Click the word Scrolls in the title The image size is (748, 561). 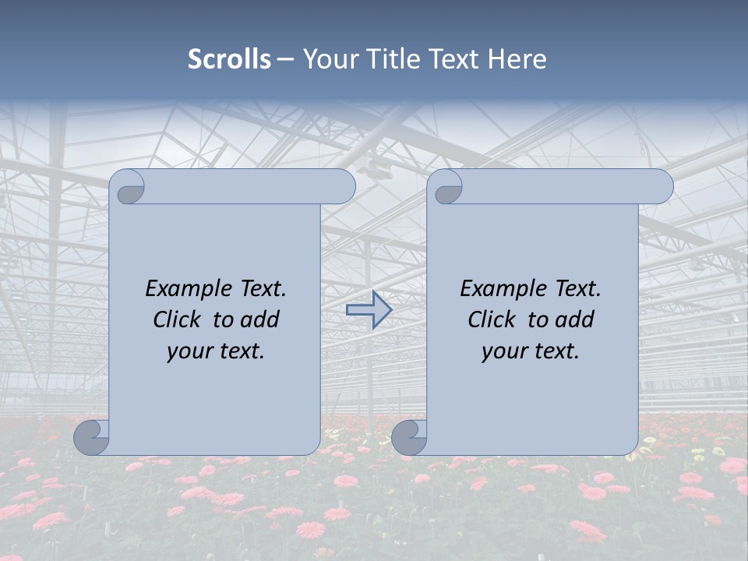click(x=229, y=59)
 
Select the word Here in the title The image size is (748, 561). click(x=517, y=59)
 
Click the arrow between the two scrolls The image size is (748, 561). click(x=369, y=310)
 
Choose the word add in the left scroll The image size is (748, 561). click(x=260, y=319)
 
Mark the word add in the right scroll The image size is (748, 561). click(x=575, y=319)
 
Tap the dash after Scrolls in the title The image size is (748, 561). click(x=286, y=59)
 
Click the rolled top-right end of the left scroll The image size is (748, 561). click(x=344, y=187)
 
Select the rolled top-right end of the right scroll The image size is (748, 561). click(x=662, y=187)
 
